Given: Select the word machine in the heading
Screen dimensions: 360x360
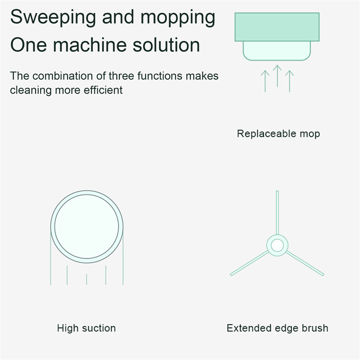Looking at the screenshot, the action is coord(90,45).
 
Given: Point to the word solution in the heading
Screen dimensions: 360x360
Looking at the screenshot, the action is coord(166,45).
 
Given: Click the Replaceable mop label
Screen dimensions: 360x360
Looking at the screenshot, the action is coord(278,134).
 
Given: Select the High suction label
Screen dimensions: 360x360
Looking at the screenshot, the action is coord(86,328).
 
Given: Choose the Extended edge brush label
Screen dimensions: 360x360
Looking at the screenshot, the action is coord(277,328).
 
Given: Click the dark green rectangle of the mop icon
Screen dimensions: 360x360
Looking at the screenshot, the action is coord(277,27).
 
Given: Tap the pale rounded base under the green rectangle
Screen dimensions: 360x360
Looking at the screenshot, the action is coord(277,51).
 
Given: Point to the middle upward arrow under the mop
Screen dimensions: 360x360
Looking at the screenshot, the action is coord(277,76).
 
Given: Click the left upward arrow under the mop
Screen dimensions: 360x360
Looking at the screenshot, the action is coord(265,81).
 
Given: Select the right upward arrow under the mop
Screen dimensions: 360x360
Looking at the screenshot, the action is coord(289,81).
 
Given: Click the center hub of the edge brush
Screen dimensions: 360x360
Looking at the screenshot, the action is coord(277,245).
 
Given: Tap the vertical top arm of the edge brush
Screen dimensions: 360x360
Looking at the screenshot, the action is coord(277,212).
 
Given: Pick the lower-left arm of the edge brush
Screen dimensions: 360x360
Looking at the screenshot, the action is coord(249,263).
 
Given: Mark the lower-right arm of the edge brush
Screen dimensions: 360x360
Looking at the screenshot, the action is coord(305,263).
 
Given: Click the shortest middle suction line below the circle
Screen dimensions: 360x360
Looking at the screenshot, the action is coord(86,279).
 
